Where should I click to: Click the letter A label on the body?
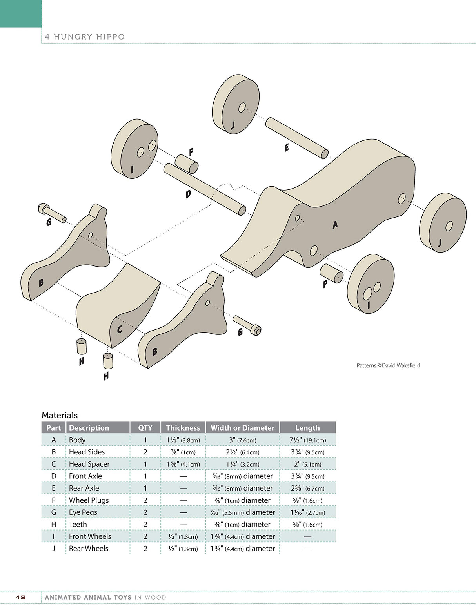(x=335, y=224)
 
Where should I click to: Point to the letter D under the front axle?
(x=188, y=193)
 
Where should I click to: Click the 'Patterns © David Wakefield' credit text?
(x=388, y=365)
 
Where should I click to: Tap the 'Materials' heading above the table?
(x=60, y=415)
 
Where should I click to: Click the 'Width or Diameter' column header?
(x=242, y=428)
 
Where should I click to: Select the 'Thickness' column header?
(x=183, y=428)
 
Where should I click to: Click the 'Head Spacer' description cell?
(x=89, y=464)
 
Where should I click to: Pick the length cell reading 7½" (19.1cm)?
(x=307, y=440)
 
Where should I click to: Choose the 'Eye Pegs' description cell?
(x=83, y=512)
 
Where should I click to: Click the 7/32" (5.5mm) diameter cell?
(x=242, y=512)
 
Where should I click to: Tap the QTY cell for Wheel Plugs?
(x=145, y=500)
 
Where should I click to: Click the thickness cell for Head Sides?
(x=183, y=452)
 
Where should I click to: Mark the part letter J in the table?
(x=54, y=548)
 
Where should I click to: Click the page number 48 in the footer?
(x=20, y=597)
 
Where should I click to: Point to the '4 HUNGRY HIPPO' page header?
(x=85, y=37)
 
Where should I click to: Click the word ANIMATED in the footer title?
(x=62, y=597)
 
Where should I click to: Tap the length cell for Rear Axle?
(x=307, y=488)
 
